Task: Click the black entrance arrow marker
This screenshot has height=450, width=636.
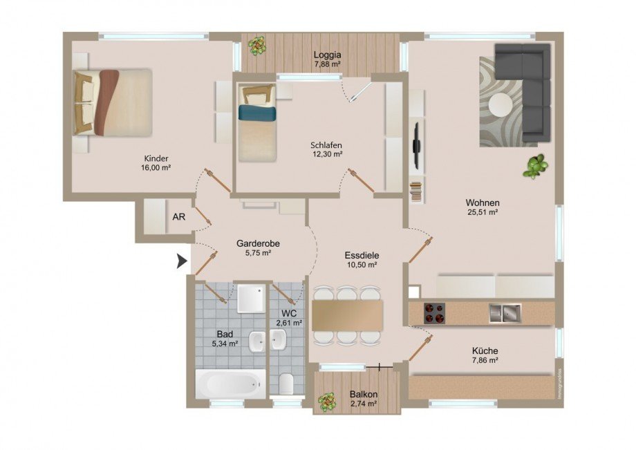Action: tap(182, 261)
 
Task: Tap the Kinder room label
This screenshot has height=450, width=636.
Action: tap(158, 157)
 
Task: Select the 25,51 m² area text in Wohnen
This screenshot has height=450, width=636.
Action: tap(483, 213)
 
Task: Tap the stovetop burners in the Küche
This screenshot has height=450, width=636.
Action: tap(434, 313)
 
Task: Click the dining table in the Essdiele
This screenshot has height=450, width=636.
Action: tap(347, 315)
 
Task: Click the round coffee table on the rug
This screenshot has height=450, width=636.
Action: tap(501, 104)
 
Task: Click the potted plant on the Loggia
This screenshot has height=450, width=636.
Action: tap(257, 46)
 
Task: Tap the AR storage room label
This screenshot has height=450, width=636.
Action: tap(178, 216)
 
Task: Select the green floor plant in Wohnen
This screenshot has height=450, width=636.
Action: tap(534, 166)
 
